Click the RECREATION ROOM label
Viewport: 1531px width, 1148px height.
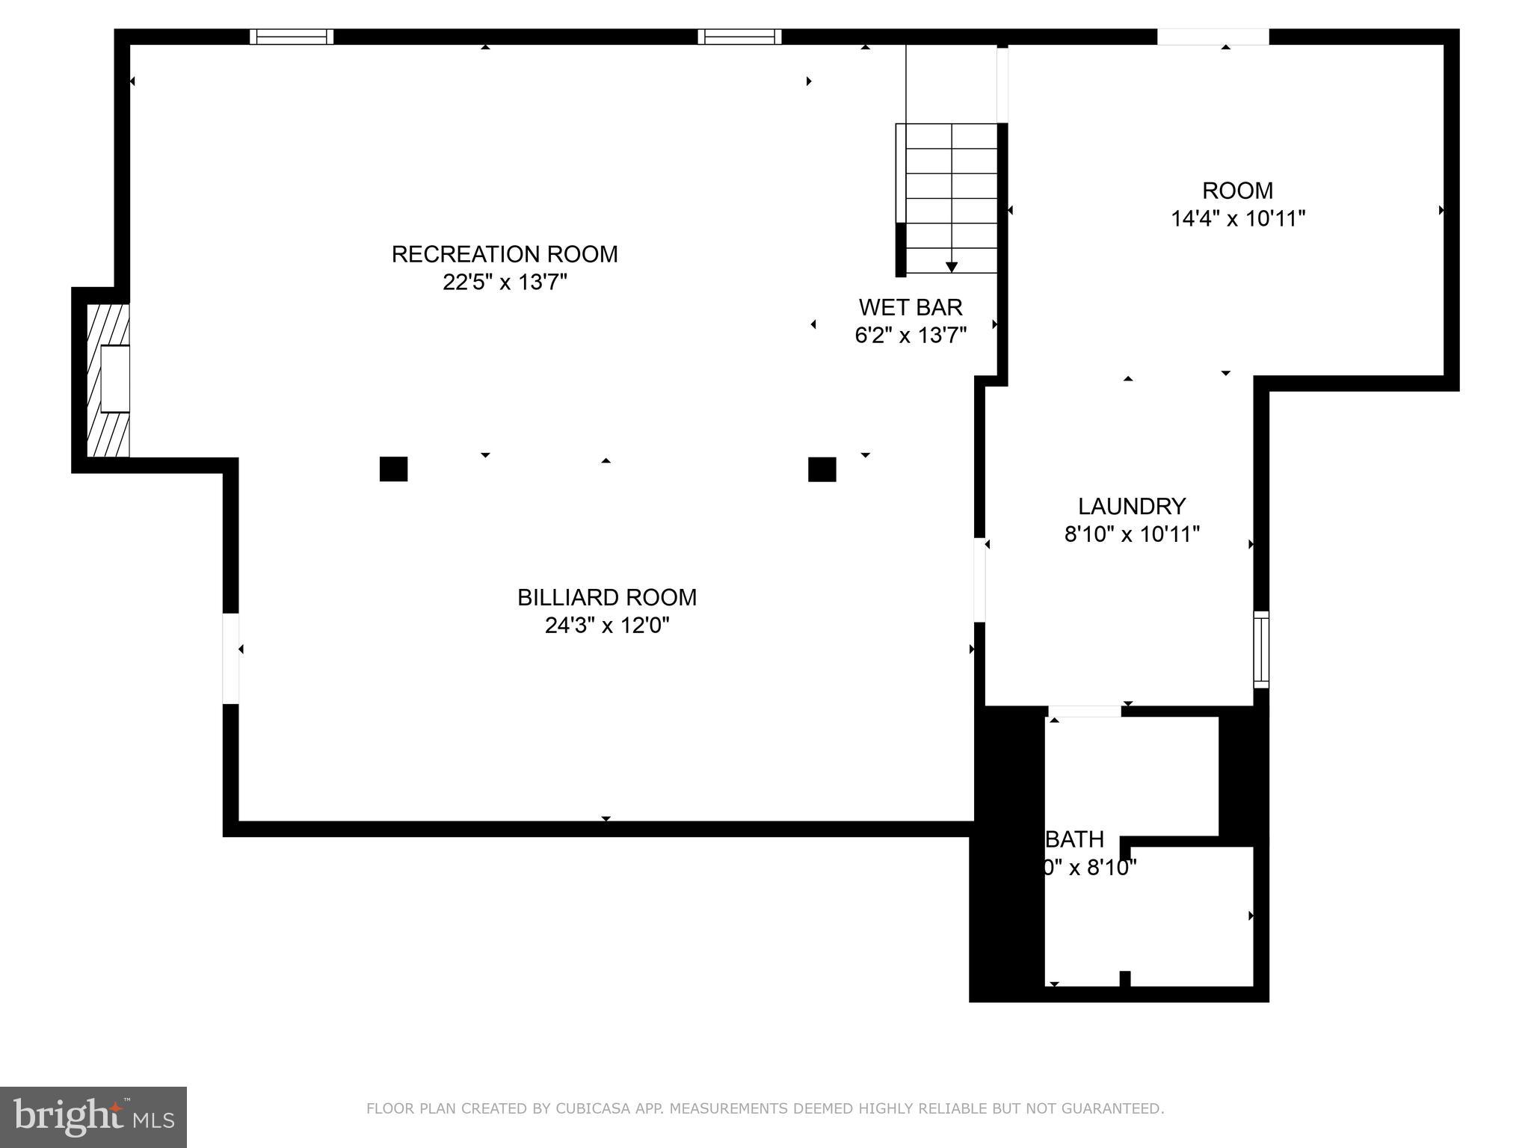505,254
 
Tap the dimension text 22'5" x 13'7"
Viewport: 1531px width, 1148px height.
505,283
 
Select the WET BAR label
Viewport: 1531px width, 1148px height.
910,307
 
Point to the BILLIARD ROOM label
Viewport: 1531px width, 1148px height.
606,597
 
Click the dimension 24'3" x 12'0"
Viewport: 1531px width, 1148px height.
606,625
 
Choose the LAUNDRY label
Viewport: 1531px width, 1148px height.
1131,507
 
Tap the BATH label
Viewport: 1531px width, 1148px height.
1074,839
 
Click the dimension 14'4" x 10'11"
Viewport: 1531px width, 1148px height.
1237,219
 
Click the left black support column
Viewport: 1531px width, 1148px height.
393,469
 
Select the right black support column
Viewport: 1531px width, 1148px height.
822,469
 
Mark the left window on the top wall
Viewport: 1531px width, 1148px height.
292,37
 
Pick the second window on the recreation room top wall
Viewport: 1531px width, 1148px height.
739,37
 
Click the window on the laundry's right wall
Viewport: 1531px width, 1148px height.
1260,649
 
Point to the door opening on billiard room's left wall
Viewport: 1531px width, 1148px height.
231,658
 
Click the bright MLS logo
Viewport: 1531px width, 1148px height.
93,1117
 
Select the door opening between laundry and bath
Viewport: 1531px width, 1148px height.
1083,711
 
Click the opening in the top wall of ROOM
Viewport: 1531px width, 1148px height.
1212,37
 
